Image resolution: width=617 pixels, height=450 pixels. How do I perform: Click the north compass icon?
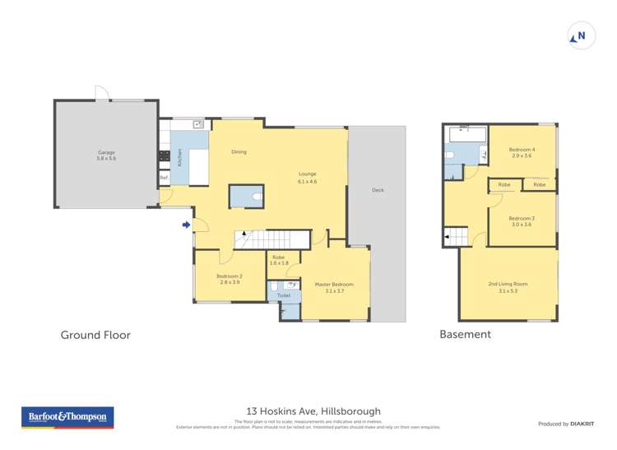(x=582, y=35)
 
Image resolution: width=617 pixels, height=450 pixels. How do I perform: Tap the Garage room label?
(x=106, y=155)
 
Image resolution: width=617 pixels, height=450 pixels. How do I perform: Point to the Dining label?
(x=239, y=151)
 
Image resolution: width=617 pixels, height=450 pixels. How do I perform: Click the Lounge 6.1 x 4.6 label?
(x=308, y=177)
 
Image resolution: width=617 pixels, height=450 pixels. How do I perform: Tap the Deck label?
(x=378, y=190)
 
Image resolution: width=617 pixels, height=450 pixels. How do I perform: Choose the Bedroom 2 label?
(x=229, y=279)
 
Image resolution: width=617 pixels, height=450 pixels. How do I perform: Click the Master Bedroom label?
(x=334, y=286)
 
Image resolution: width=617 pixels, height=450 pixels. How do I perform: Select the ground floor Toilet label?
(x=284, y=295)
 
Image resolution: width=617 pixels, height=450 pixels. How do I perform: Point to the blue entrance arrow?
(x=187, y=225)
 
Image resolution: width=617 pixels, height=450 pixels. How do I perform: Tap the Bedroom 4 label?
(x=522, y=152)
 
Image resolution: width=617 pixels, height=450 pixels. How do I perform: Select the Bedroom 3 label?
(x=522, y=221)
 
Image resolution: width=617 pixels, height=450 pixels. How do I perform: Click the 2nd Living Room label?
(x=508, y=286)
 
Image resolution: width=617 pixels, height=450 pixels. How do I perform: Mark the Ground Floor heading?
(x=95, y=335)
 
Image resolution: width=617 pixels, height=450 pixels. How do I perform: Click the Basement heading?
(x=465, y=334)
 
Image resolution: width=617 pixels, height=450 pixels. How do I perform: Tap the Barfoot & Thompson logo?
(x=67, y=417)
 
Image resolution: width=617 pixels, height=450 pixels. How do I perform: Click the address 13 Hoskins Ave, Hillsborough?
(x=313, y=411)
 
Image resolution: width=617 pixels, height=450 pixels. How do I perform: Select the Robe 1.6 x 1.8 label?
(x=280, y=260)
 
